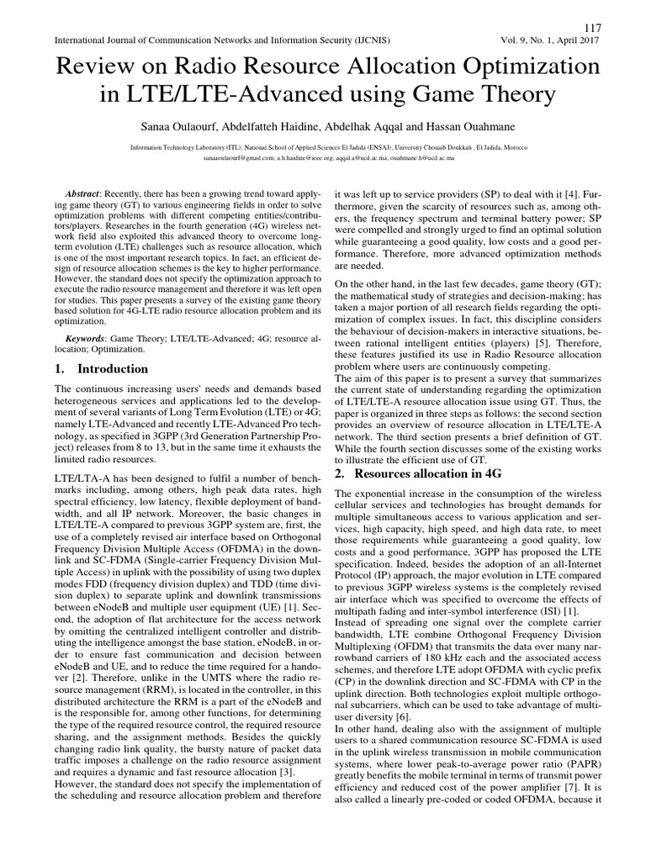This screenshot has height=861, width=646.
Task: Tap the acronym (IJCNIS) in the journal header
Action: click(x=368, y=40)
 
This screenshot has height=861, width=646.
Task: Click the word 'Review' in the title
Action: click(x=97, y=66)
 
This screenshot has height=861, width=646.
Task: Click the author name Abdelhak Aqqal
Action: click(x=357, y=124)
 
